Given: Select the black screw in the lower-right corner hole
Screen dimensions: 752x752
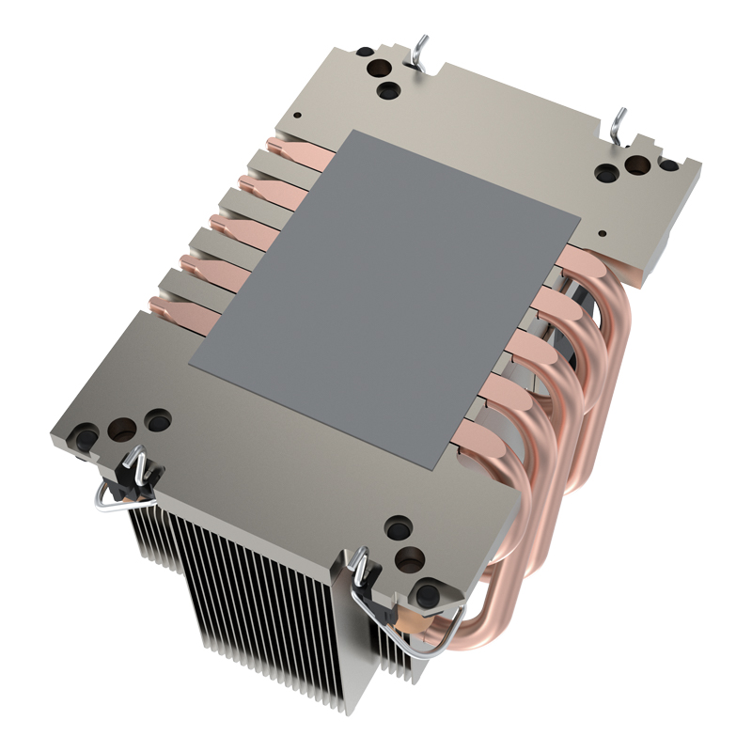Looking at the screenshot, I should pos(428,592).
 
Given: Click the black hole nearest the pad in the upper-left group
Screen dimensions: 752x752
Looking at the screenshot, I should pos(386,92).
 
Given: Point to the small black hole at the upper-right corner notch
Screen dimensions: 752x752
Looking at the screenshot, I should pos(668,165).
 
